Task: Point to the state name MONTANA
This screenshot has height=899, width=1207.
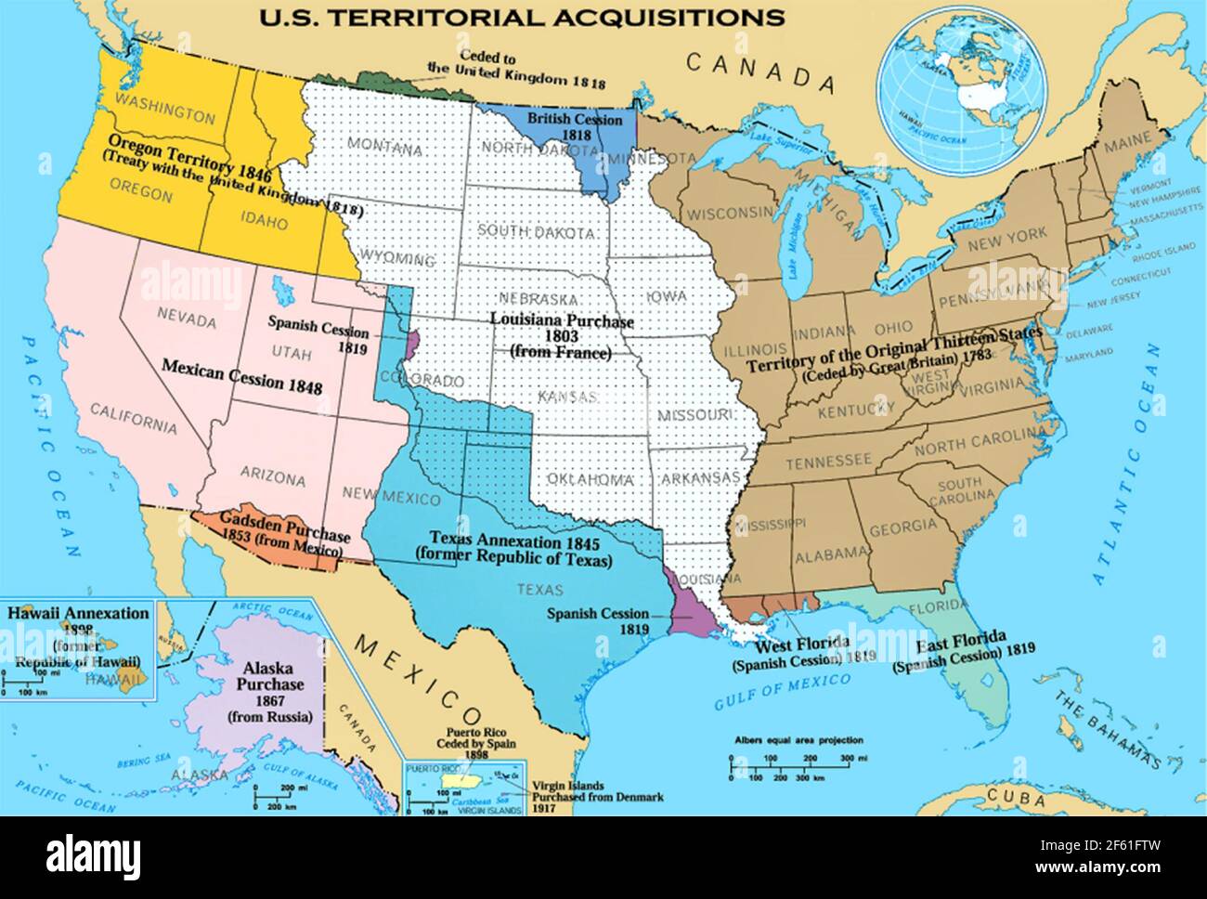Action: pos(386,147)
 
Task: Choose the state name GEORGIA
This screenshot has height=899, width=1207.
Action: pos(902,526)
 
